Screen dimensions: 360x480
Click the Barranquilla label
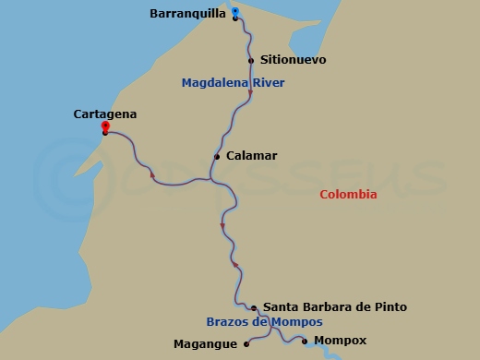[187, 14]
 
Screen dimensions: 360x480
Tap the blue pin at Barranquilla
[235, 12]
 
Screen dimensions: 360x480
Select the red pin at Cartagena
[105, 126]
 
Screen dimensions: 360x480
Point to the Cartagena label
[104, 114]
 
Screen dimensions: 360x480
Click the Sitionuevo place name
[294, 60]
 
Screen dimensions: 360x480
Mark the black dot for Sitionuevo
[251, 61]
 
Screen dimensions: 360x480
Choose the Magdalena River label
[233, 83]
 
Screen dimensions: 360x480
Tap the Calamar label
[251, 156]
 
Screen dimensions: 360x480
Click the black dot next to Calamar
[217, 157]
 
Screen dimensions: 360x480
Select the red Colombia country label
[348, 194]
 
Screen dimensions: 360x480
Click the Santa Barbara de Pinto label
[335, 306]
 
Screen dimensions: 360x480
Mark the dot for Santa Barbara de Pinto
[254, 307]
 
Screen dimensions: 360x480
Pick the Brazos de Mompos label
[264, 322]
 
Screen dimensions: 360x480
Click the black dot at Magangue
[246, 344]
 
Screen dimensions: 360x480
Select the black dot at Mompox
[306, 342]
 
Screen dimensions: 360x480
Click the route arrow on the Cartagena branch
[151, 172]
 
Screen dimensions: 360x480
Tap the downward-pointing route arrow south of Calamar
[222, 226]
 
